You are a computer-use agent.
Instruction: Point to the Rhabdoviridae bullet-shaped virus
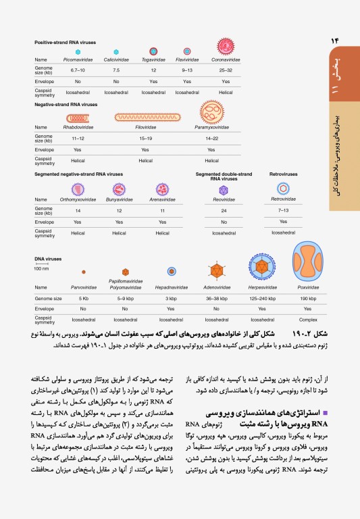click(78, 118)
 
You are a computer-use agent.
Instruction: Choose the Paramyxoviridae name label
click(211, 127)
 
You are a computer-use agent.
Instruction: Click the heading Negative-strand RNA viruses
click(66, 105)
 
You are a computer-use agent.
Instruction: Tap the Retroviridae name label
click(283, 199)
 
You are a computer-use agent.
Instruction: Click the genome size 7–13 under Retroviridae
click(283, 210)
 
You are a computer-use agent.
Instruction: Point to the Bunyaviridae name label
click(119, 200)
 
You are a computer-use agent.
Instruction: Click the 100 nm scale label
click(41, 268)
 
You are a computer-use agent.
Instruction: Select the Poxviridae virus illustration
click(309, 264)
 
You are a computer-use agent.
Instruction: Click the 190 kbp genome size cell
click(309, 298)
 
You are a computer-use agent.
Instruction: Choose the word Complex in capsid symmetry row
click(309, 319)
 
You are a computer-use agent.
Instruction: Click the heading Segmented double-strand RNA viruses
click(223, 176)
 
